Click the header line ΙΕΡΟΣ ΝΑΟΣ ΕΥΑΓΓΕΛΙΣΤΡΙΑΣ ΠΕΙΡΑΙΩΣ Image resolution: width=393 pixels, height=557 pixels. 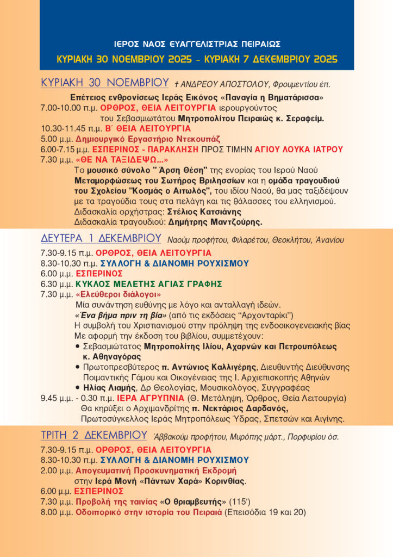(x=196, y=44)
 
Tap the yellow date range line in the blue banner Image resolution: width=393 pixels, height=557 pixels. (x=196, y=59)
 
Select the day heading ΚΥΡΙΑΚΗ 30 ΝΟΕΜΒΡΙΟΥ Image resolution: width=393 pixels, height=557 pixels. (x=105, y=83)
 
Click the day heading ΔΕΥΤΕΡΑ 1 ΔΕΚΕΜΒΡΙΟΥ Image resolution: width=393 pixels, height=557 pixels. (x=101, y=238)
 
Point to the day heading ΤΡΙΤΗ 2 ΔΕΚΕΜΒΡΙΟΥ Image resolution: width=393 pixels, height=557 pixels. (x=94, y=435)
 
